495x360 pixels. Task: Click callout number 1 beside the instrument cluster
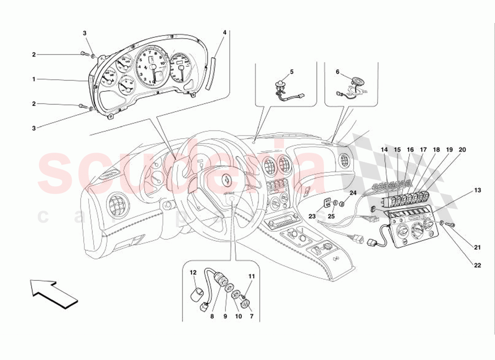point(34,79)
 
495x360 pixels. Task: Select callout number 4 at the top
point(225,32)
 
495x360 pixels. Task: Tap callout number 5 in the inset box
point(291,72)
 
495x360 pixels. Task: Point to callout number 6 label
point(338,72)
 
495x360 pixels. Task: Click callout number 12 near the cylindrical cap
point(193,272)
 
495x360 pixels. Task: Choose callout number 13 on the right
point(477,190)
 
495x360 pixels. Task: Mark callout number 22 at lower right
point(477,265)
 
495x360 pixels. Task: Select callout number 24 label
point(353,193)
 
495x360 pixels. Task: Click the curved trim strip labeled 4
point(210,74)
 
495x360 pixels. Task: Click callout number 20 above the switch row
point(463,149)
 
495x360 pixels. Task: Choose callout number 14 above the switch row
point(384,149)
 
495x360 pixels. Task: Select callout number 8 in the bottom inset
point(211,316)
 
